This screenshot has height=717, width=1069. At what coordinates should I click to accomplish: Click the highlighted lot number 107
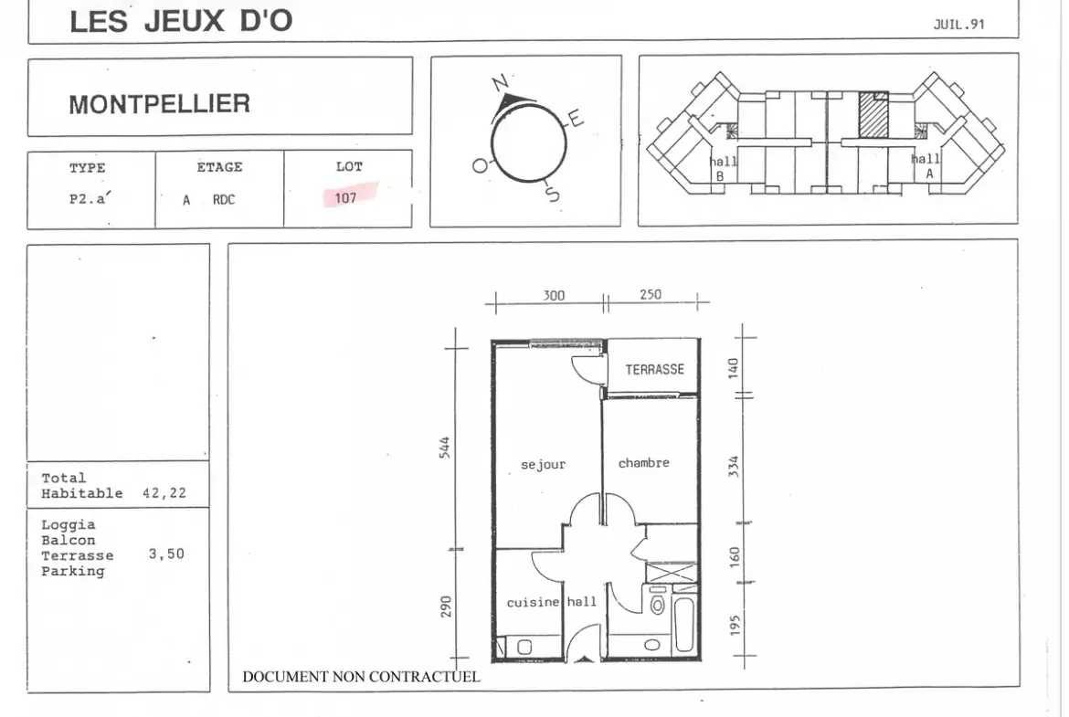[345, 197]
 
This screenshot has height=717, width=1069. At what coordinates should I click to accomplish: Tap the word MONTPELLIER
[160, 104]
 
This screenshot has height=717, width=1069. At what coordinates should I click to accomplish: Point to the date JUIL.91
[958, 25]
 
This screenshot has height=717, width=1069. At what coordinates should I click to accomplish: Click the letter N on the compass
[501, 83]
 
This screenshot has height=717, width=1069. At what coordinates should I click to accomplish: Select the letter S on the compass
[552, 194]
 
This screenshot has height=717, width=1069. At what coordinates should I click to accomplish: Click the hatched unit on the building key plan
[873, 114]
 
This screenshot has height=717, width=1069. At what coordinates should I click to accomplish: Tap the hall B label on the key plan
[723, 168]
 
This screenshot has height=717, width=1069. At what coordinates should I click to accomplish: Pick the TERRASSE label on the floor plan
[654, 369]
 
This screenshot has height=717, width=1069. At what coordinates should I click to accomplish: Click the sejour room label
[543, 465]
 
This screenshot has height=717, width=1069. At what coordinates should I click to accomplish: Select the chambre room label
[643, 463]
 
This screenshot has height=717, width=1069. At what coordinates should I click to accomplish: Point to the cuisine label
[533, 603]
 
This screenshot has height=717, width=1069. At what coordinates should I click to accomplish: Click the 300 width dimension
[554, 295]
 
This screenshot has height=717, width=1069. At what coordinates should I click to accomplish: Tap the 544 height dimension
[445, 448]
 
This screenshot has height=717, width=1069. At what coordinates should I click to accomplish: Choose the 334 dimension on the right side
[734, 466]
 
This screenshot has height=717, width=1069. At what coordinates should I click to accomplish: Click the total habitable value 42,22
[164, 493]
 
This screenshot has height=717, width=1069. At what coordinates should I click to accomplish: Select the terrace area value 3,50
[166, 554]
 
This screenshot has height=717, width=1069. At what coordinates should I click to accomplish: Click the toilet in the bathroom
[657, 603]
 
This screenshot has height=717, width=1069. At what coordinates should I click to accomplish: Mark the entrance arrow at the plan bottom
[584, 659]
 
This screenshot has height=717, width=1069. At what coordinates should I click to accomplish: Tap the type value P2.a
[90, 198]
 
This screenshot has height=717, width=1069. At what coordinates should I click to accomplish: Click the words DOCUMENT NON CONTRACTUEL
[361, 677]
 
